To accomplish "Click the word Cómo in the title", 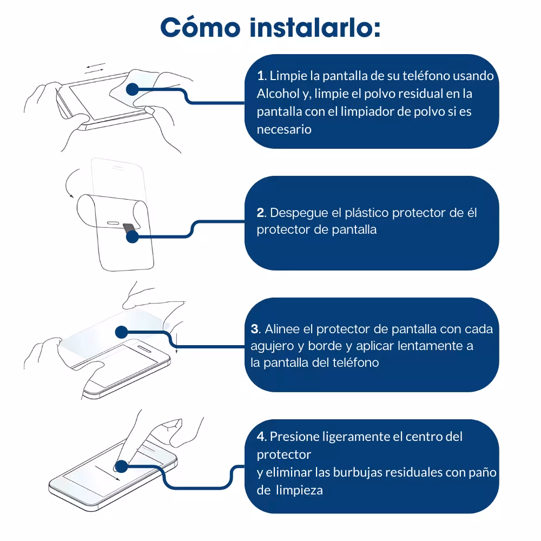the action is point(200,28).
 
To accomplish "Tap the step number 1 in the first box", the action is point(261,76).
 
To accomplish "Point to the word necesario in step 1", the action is point(284,129).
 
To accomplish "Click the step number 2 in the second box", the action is point(261,213).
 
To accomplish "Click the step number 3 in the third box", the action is point(255,329).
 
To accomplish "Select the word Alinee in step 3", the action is point(282,329).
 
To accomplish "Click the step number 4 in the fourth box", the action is point(261,437).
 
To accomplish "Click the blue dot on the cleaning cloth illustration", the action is point(132,89).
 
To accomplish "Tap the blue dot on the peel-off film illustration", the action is point(132,237).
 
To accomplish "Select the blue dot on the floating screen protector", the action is point(121,332).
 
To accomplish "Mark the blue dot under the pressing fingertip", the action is point(121,466).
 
